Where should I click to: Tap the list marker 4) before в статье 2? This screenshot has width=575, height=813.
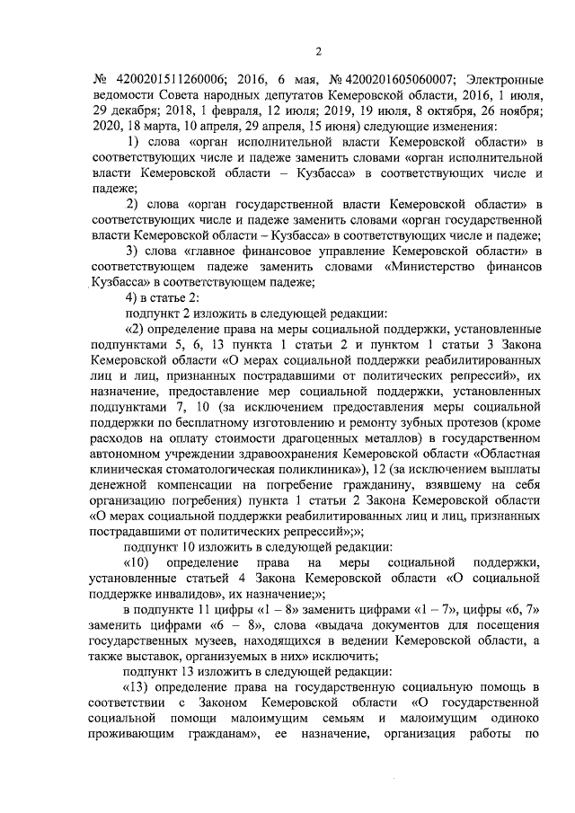[x=134, y=298]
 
